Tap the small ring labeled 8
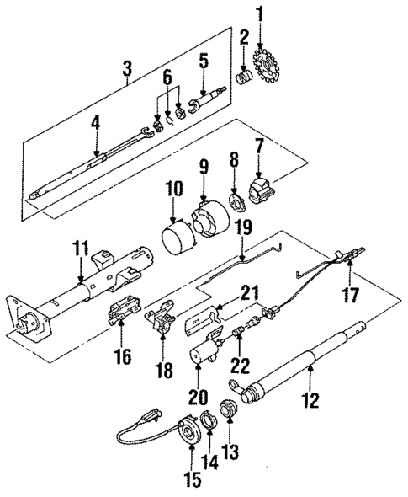coord(237,202)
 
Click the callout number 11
coord(80,249)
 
